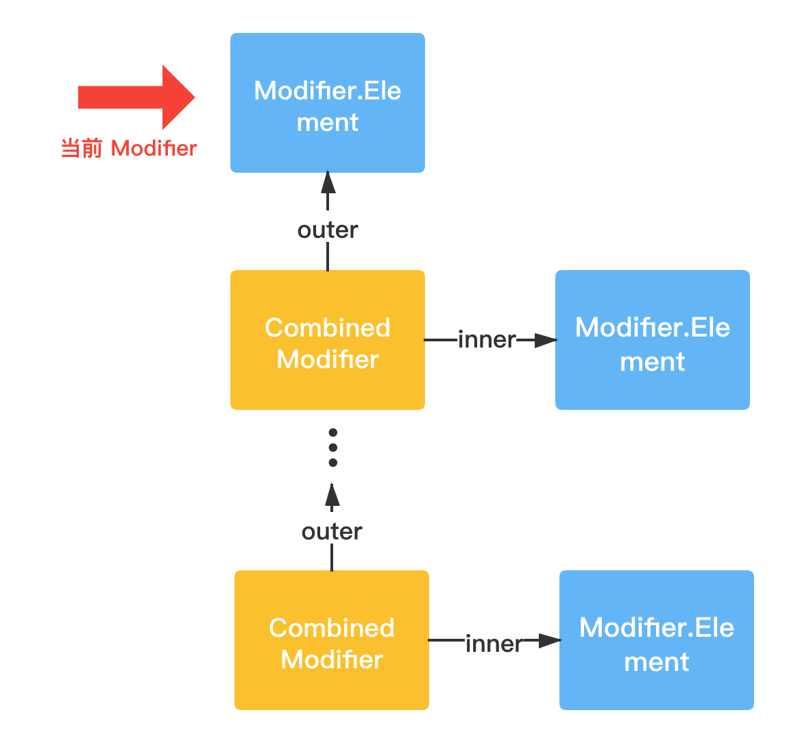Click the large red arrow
136,97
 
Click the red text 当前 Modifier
129,149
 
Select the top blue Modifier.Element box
328,103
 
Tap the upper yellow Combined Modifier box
328,340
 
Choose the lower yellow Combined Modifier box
332,640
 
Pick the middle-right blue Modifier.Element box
653,340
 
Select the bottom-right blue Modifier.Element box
657,640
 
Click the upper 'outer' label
328,230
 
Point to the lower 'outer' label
332,532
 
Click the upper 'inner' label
487,340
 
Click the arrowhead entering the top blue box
328,182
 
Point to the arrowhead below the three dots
332,494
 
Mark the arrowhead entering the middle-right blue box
546,340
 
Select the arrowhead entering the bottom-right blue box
550,640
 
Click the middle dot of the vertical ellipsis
332,448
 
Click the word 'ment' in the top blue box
328,123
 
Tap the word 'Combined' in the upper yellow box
328,328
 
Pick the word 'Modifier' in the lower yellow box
332,659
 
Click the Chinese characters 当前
82,149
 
